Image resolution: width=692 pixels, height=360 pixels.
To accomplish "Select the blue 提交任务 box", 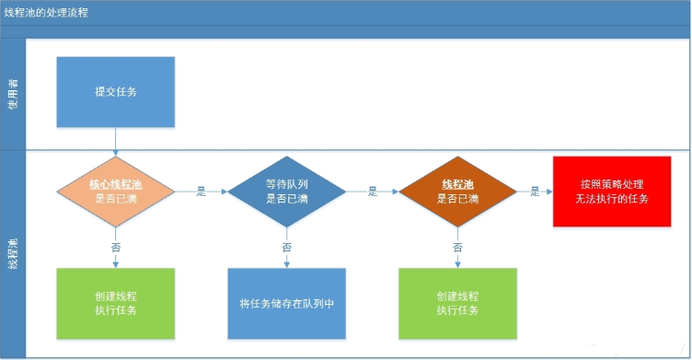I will pos(116,91).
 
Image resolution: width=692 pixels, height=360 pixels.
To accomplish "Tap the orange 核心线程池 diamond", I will pos(116,192).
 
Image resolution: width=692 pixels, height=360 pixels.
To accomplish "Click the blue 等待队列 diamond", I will pos(286,192).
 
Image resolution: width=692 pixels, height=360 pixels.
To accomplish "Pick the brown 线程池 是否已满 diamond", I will pos(457,192).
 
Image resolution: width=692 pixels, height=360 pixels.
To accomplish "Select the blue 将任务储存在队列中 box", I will pos(286,304).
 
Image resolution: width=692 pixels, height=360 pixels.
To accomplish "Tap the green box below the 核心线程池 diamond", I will pos(116,304).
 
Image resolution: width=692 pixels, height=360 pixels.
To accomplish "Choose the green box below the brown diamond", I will pos(457,304).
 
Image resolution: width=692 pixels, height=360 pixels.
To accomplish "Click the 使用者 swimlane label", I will pos(13,93).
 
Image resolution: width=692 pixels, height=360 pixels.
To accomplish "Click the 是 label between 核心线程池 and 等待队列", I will pos(201,192).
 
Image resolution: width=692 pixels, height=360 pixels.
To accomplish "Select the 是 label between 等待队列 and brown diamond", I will pos(373,192).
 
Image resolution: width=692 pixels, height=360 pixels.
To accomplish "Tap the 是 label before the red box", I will pos(535,192).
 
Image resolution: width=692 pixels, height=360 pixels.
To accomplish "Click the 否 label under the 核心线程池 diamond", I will pos(116,247).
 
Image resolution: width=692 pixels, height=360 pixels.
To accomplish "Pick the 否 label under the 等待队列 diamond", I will pos(286,247).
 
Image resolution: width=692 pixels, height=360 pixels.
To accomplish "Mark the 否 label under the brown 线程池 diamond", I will pos(457,247).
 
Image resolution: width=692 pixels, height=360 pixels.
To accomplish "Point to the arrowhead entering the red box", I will pos(549,192).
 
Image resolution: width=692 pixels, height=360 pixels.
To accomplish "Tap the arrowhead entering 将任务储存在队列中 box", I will pos(286,264).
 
